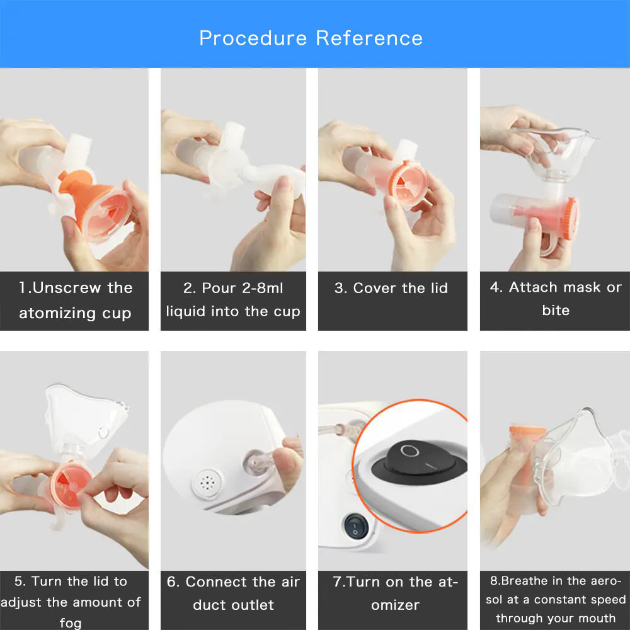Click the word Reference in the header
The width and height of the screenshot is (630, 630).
(369, 38)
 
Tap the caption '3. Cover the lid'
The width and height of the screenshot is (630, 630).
(391, 289)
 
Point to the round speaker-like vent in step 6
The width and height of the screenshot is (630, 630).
(206, 484)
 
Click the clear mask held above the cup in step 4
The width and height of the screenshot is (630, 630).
(554, 148)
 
